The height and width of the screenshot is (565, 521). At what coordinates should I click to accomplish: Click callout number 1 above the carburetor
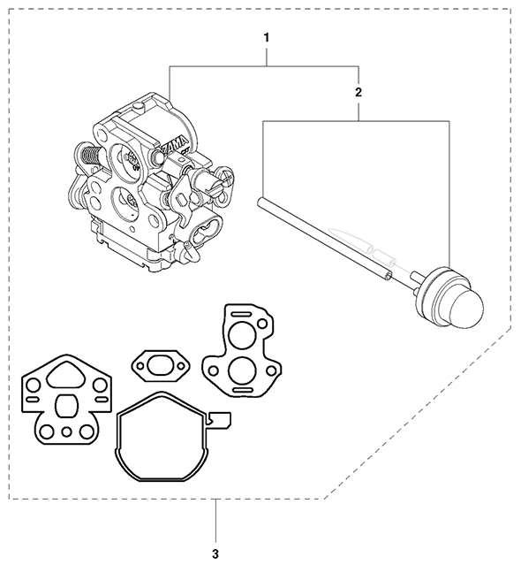pyautogui.click(x=266, y=38)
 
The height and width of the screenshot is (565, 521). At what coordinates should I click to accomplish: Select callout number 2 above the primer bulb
pyautogui.click(x=358, y=91)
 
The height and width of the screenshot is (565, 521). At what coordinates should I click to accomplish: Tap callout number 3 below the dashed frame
pyautogui.click(x=216, y=531)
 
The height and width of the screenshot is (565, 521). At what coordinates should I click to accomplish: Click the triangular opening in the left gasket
pyautogui.click(x=64, y=378)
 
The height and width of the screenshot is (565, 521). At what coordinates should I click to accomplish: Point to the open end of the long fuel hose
pyautogui.click(x=389, y=275)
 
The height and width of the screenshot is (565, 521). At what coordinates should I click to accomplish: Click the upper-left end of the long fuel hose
pyautogui.click(x=261, y=203)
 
